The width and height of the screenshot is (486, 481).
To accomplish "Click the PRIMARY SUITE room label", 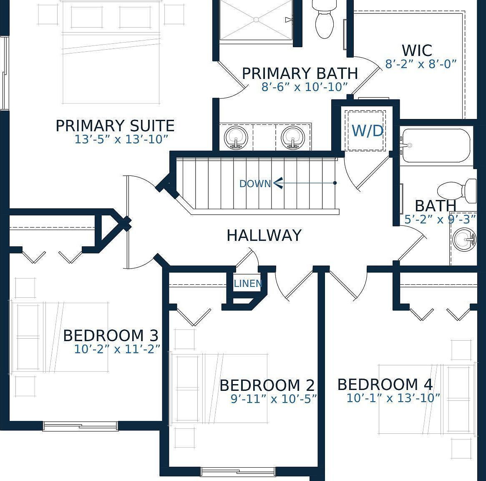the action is [115, 126].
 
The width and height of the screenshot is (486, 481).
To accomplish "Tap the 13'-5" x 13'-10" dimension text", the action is [121, 139].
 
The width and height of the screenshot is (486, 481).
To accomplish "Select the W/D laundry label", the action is [368, 131].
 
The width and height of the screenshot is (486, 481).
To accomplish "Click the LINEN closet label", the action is [248, 284].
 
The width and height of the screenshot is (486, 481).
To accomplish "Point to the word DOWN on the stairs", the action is [255, 184].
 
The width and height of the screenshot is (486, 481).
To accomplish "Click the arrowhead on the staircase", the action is [278, 183].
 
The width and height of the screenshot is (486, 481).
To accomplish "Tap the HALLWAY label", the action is [264, 235].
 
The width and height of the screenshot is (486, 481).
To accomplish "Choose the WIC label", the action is [417, 51].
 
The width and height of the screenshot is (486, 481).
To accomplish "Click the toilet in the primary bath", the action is [324, 19].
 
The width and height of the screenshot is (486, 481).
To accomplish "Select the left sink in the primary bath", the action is [236, 137].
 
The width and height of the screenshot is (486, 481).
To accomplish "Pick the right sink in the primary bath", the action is [293, 137].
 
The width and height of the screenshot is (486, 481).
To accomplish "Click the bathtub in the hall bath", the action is [436, 146].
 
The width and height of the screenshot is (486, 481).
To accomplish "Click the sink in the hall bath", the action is [464, 239].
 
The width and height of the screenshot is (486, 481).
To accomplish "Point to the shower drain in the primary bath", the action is [256, 20].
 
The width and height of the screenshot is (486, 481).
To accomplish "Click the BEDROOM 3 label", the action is [111, 336].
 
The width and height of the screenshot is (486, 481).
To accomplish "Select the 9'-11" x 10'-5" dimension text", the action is [274, 398].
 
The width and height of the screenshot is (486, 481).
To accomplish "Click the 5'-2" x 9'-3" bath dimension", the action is [440, 220].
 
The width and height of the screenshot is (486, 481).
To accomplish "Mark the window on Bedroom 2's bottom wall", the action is [238, 472].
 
